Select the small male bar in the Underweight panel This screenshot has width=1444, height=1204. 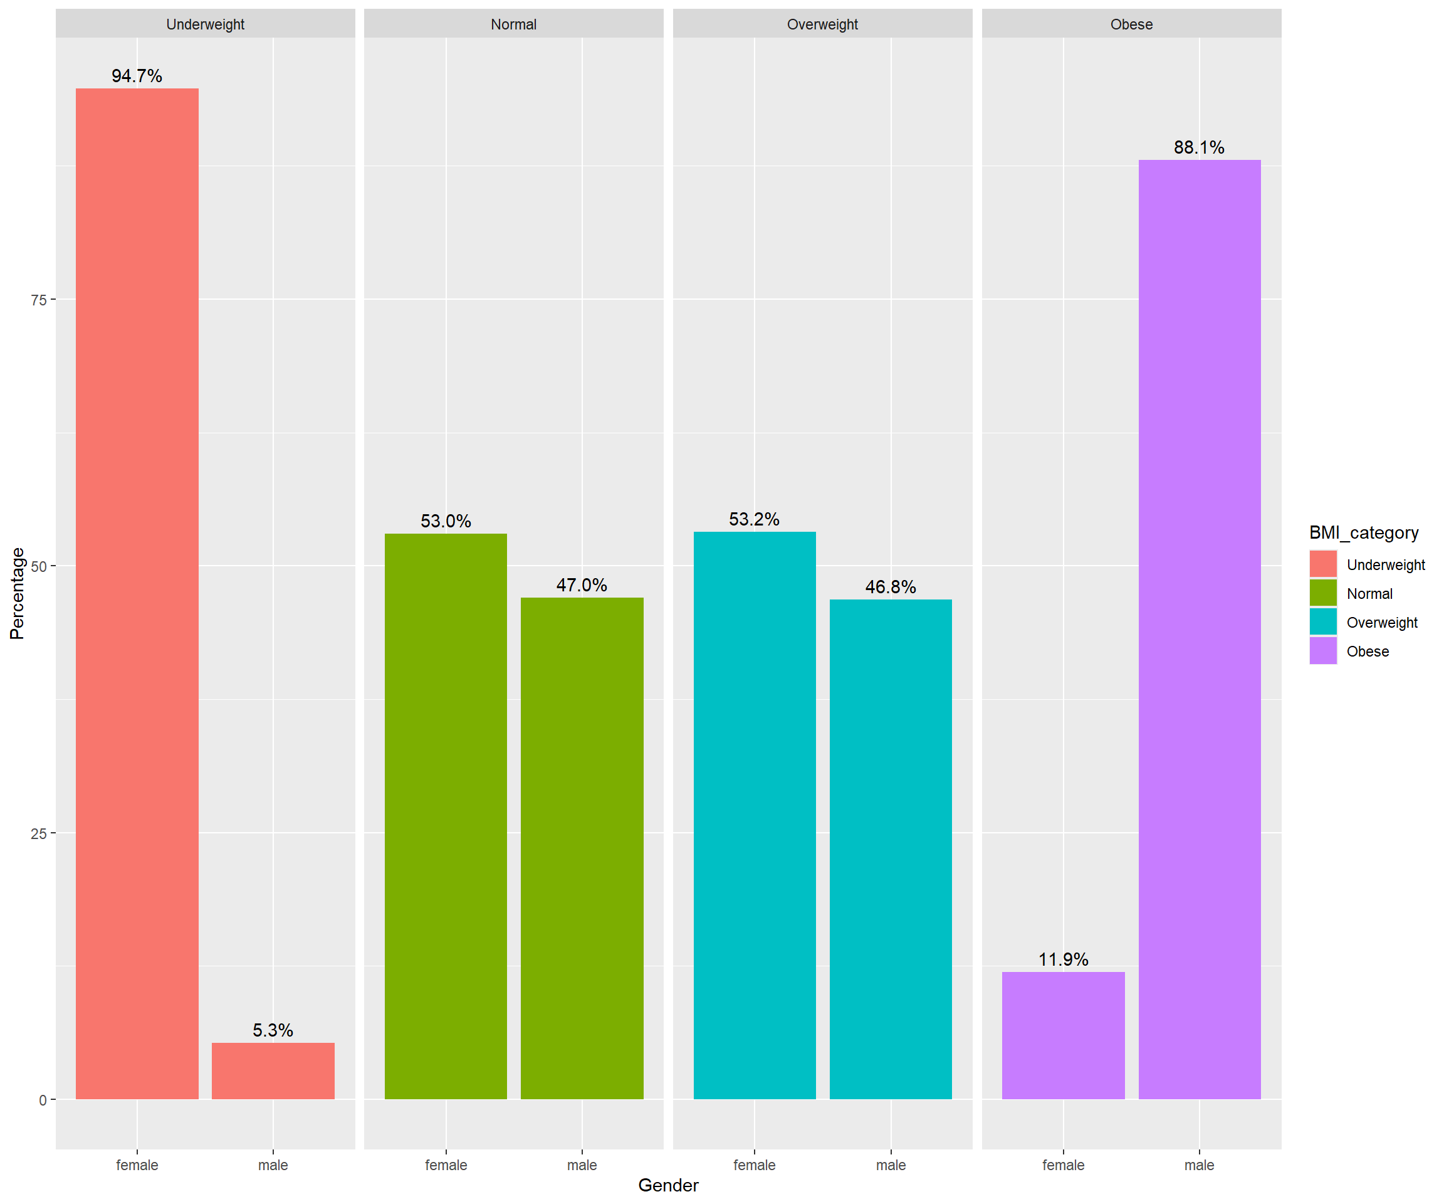point(273,1070)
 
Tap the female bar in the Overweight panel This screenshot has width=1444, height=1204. point(755,815)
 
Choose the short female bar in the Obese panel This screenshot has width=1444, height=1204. point(1063,1035)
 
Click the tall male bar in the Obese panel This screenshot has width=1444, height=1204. point(1199,629)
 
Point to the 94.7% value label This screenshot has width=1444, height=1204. point(137,76)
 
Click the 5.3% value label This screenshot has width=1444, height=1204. point(273,1030)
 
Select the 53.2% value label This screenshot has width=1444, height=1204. point(755,519)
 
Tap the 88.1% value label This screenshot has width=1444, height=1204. point(1199,147)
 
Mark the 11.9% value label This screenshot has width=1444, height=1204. point(1063,959)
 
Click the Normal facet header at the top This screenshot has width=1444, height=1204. point(514,24)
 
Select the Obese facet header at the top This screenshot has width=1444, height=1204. point(1131,24)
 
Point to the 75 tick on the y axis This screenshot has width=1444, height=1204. point(38,300)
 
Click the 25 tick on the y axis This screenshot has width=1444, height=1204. point(38,834)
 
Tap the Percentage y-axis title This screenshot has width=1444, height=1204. point(17,593)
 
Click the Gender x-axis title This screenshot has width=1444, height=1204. point(667,1185)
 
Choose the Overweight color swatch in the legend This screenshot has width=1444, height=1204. point(1323,621)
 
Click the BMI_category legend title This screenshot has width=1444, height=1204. point(1364,532)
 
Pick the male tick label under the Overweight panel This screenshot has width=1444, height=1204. point(891,1164)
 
